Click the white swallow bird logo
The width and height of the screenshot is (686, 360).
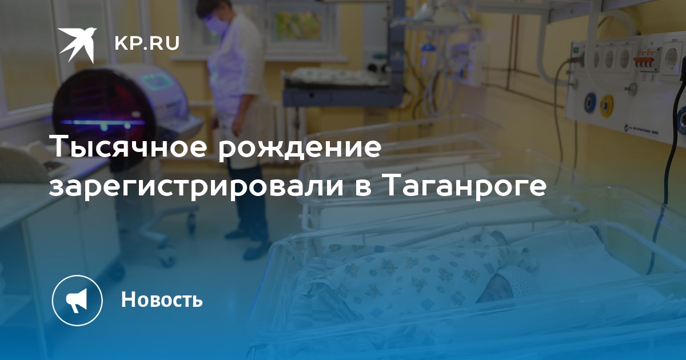click(78, 45)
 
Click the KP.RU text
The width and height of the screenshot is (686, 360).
click(147, 43)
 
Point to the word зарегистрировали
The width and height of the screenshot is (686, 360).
click(196, 187)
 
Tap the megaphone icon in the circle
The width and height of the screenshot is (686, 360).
click(77, 299)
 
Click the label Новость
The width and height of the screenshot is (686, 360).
click(162, 299)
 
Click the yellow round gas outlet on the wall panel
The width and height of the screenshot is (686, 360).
click(607, 106)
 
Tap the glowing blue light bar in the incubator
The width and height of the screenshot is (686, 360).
click(102, 123)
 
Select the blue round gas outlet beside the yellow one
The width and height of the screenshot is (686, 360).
click(589, 103)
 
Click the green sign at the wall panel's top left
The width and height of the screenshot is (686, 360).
click(576, 49)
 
